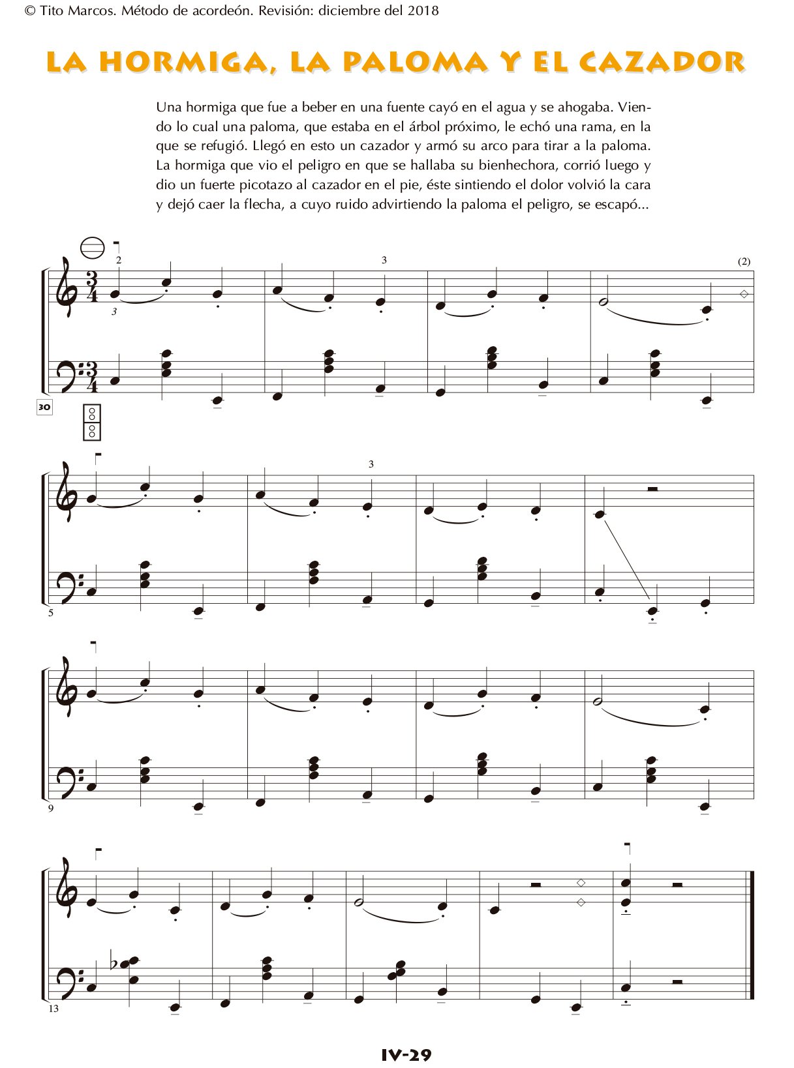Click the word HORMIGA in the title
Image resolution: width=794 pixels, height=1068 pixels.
coord(183,62)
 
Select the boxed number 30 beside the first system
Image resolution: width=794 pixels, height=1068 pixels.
coord(44,408)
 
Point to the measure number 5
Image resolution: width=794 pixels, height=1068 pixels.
coord(51,613)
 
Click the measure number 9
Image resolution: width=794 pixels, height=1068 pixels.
coord(51,808)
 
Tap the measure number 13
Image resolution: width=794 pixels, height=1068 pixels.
coord(53,1009)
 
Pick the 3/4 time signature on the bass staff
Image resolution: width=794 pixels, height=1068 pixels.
coord(93,377)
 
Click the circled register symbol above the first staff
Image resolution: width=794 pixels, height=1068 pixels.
coord(92,248)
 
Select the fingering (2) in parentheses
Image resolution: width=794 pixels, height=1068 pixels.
coord(744,261)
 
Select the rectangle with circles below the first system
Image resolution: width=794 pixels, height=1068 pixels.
coord(92,422)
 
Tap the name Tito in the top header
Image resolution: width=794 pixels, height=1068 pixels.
coord(52,10)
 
